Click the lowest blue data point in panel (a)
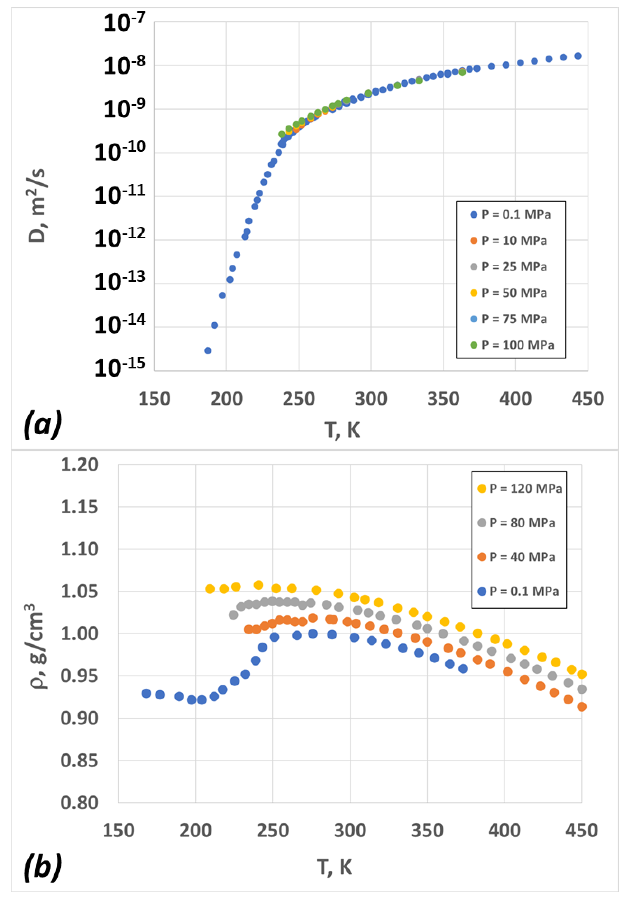(x=208, y=351)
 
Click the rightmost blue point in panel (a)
(x=578, y=56)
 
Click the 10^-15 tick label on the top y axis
(x=120, y=368)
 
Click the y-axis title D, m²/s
(x=37, y=206)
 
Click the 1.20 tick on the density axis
(x=79, y=465)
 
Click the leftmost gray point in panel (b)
(x=233, y=615)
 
